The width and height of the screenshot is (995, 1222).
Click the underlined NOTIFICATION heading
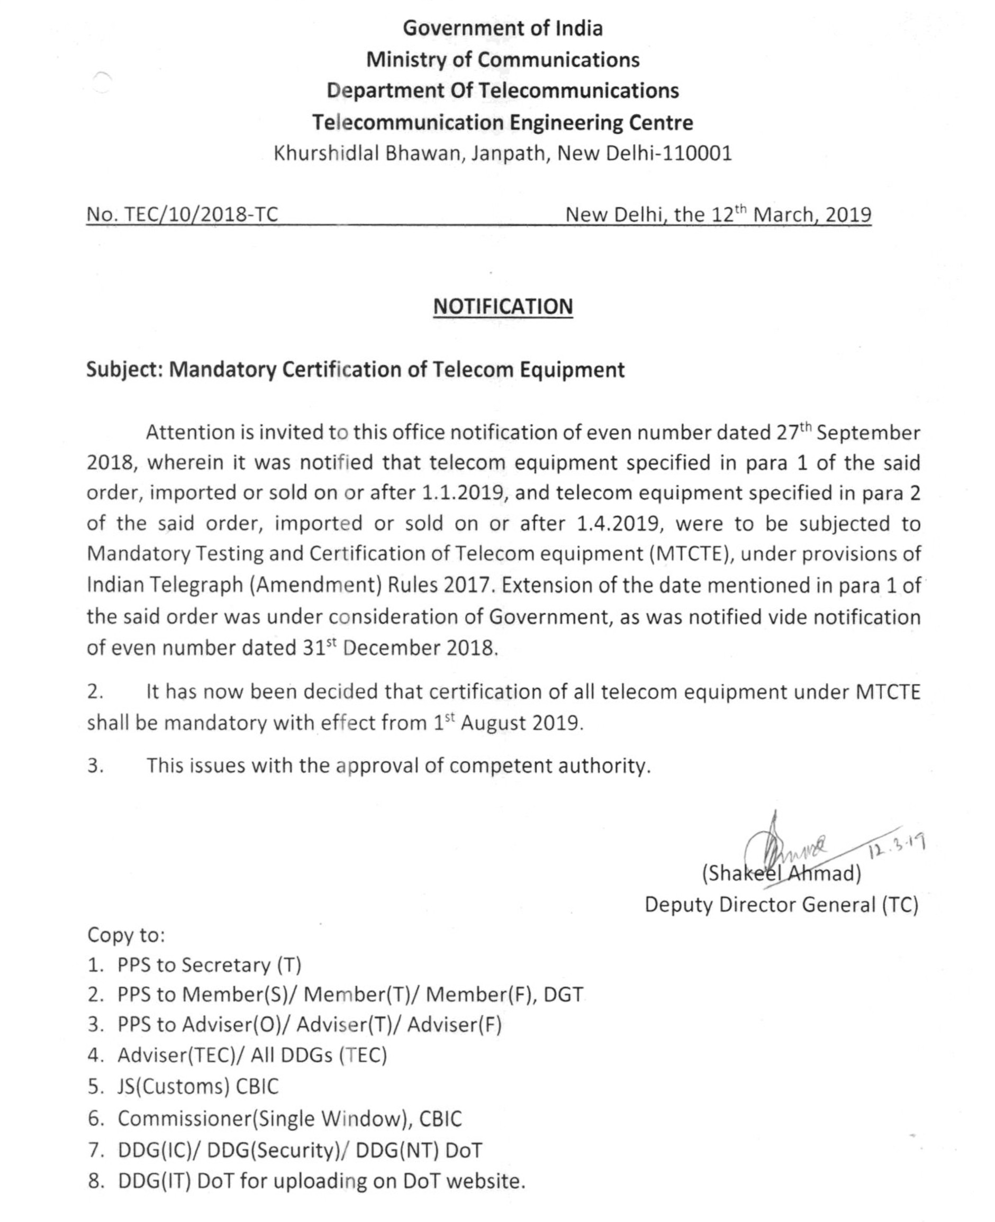tap(503, 306)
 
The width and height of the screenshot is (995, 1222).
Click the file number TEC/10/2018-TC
tap(201, 214)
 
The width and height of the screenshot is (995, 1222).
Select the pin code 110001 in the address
tap(696, 153)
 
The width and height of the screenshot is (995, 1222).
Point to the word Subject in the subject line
tap(124, 370)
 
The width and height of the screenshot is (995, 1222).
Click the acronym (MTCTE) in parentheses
tap(691, 554)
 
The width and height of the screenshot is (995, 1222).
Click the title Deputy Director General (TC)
tap(781, 905)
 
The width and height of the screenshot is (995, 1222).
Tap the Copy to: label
tap(126, 936)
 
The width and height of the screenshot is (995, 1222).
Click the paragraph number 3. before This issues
tap(96, 766)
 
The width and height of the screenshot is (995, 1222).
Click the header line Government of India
tap(503, 28)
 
